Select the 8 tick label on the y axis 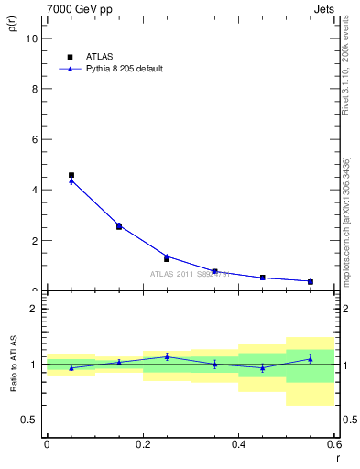click(33, 89)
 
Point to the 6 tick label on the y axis click(33, 139)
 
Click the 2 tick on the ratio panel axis click(33, 309)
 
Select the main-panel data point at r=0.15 click(119, 226)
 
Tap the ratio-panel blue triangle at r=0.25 click(167, 356)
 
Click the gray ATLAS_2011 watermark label click(190, 274)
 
